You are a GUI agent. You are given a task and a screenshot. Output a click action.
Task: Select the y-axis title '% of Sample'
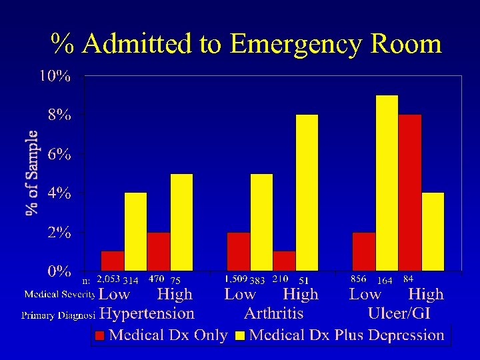31,173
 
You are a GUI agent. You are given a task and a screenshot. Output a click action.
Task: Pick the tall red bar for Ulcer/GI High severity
410,193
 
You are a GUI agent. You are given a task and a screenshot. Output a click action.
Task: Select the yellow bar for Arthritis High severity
307,193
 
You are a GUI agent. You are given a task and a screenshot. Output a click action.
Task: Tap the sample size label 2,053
108,279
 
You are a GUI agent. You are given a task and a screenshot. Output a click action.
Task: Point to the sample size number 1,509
236,279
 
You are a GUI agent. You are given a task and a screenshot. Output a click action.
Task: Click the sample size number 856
359,279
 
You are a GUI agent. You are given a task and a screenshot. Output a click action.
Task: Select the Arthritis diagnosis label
273,313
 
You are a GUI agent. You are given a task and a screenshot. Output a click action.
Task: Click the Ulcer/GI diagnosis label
399,313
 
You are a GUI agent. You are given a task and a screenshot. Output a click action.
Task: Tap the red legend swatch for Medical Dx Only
100,335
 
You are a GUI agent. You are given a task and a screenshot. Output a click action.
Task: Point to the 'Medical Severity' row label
59,294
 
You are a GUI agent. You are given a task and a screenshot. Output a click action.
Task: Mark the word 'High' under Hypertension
175,294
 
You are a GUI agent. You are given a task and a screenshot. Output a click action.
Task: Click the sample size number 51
303,280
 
